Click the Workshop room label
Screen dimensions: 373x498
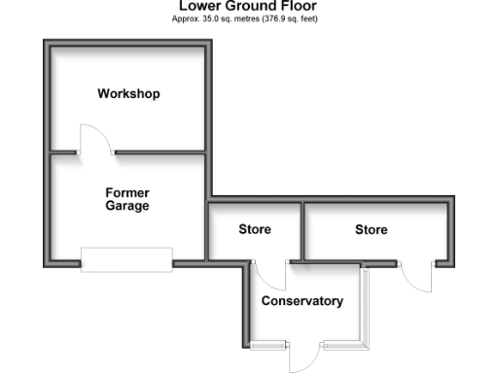(x=128, y=94)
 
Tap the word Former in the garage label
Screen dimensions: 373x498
(x=127, y=192)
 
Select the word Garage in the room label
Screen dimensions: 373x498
(x=127, y=206)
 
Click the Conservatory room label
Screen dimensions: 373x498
(x=302, y=301)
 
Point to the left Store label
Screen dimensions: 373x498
(x=255, y=230)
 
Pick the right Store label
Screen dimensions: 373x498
(x=371, y=230)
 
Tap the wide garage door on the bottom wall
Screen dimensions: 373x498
(x=126, y=257)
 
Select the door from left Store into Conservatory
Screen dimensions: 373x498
(x=271, y=276)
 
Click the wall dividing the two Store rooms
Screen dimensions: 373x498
(x=302, y=230)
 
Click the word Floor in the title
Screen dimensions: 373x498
(x=298, y=6)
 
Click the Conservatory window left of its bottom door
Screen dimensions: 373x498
(x=269, y=344)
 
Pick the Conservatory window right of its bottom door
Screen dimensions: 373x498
(x=342, y=344)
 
